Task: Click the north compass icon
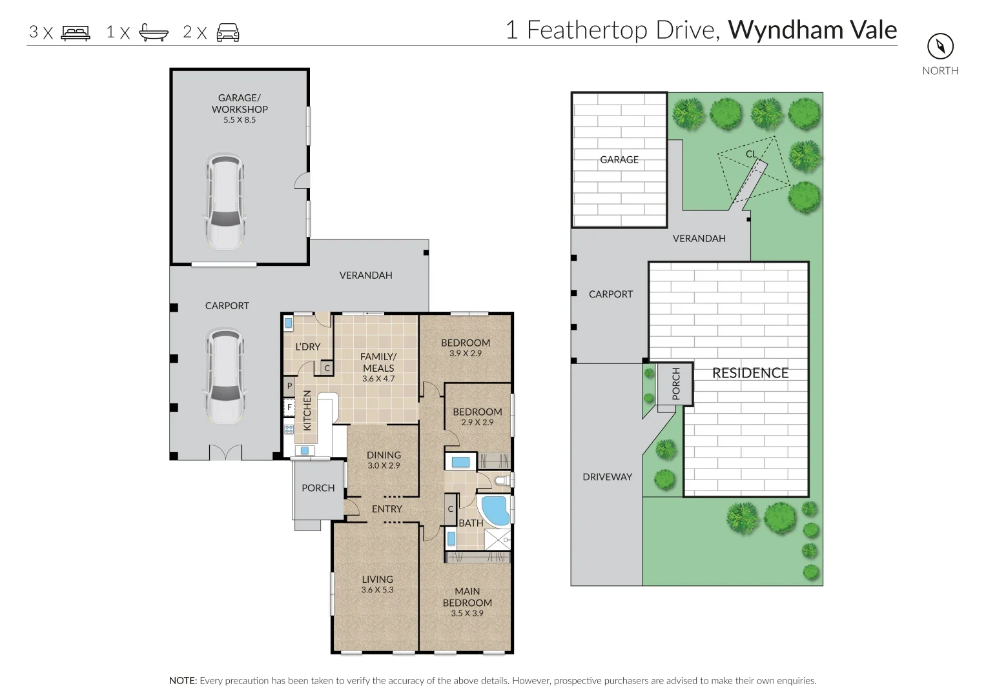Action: (x=940, y=46)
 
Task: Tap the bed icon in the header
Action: (x=76, y=33)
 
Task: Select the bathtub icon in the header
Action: (x=154, y=32)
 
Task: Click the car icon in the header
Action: (x=228, y=33)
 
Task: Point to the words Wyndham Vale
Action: (x=812, y=30)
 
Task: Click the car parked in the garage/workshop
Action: (x=225, y=201)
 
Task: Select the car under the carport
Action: (x=225, y=376)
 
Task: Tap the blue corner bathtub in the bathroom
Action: (x=496, y=510)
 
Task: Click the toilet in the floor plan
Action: (x=504, y=480)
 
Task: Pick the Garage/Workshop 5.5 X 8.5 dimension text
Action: (x=240, y=119)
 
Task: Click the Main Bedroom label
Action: (x=467, y=597)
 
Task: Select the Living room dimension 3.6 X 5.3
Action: (x=377, y=590)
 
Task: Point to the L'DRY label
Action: (x=308, y=347)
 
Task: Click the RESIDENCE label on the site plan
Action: (x=750, y=373)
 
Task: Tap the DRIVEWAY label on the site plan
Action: (x=607, y=476)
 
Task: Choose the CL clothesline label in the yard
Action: (x=751, y=154)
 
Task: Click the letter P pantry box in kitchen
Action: (x=289, y=387)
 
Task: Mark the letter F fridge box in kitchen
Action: (x=289, y=407)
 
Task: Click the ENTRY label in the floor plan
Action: (x=387, y=509)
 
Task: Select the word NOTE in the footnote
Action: (x=183, y=680)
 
